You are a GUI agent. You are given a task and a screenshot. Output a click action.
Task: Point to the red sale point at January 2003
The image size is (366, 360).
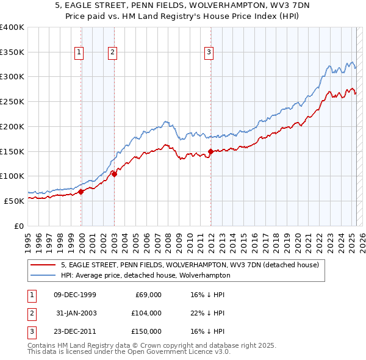point(114,174)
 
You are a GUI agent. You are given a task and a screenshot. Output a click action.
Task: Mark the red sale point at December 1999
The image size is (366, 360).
point(81,192)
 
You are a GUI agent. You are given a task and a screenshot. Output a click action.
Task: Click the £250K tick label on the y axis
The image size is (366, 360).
point(12,101)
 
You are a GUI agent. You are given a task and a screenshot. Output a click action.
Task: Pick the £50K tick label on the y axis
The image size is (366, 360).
point(15,200)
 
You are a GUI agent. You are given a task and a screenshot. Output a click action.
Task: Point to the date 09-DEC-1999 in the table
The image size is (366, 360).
point(75,295)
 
